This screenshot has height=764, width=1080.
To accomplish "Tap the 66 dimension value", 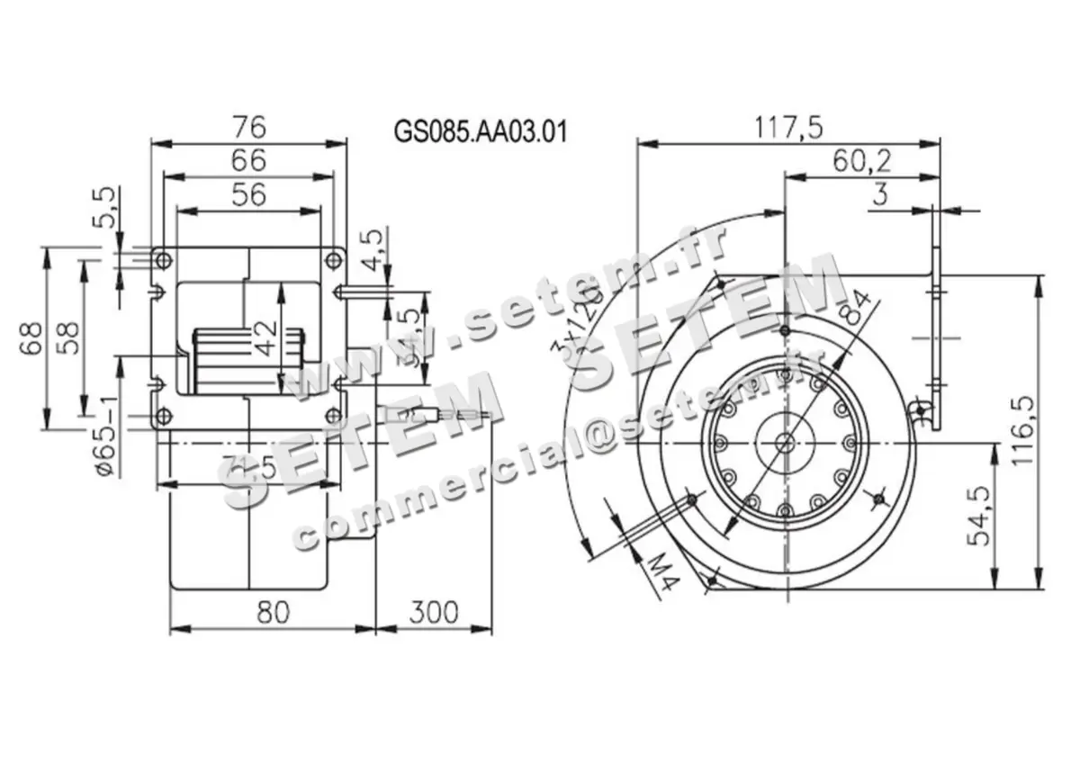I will coord(248,160).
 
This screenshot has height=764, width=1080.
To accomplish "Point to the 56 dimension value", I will coord(248,194).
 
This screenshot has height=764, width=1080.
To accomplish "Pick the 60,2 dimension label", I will coord(861,161).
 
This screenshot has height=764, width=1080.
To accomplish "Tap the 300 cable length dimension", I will coord(434,613).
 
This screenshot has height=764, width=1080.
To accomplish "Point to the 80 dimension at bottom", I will coord(273,613).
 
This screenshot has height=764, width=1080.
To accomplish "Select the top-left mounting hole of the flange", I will coord(163,261).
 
